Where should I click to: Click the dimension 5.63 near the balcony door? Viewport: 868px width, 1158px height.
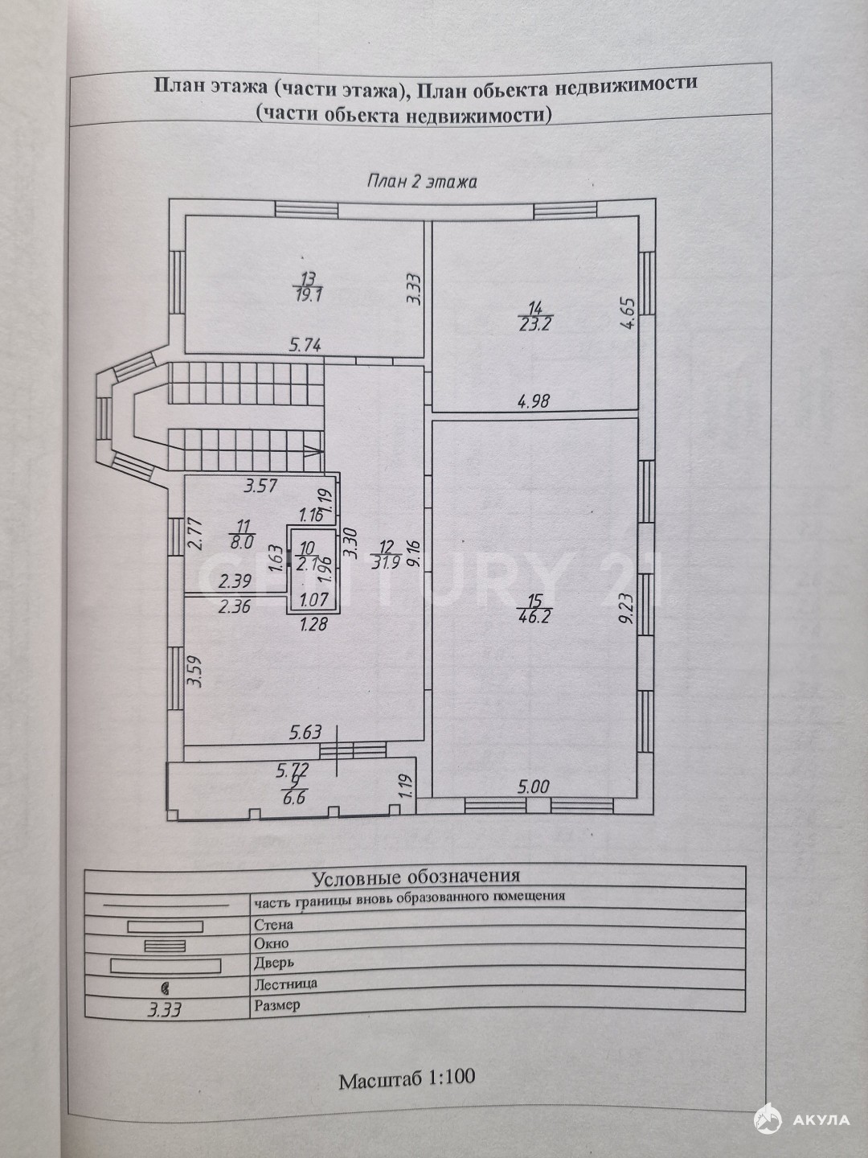305,732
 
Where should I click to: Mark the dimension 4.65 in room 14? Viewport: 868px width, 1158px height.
628,318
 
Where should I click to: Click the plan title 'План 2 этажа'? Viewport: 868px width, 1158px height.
422,181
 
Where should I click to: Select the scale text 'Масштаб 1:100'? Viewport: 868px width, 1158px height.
407,1079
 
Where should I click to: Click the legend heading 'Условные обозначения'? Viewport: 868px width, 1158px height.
416,876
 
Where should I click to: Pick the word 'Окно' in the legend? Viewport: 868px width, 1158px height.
271,943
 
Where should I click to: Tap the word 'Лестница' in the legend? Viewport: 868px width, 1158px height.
285,983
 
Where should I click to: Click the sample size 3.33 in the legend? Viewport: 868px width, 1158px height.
165,1008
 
